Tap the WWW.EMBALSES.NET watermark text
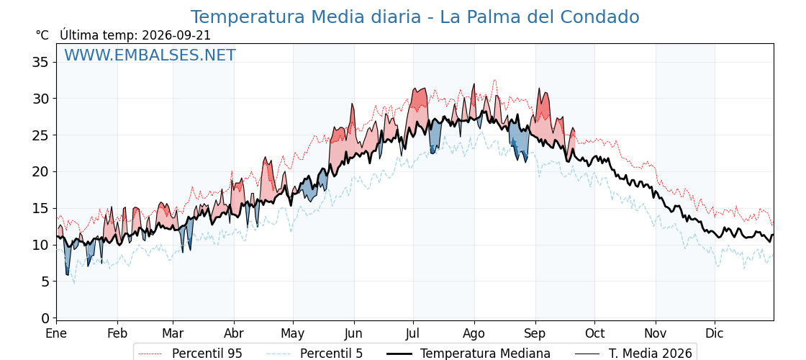click(x=150, y=55)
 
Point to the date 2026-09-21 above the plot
click(x=176, y=35)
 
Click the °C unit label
click(x=42, y=35)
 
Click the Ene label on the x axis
click(x=56, y=334)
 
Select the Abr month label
click(x=234, y=334)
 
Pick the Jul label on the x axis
click(x=413, y=334)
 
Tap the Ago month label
click(x=474, y=334)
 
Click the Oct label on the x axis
click(x=594, y=334)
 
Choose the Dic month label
click(x=715, y=334)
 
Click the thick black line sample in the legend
click(x=399, y=354)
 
